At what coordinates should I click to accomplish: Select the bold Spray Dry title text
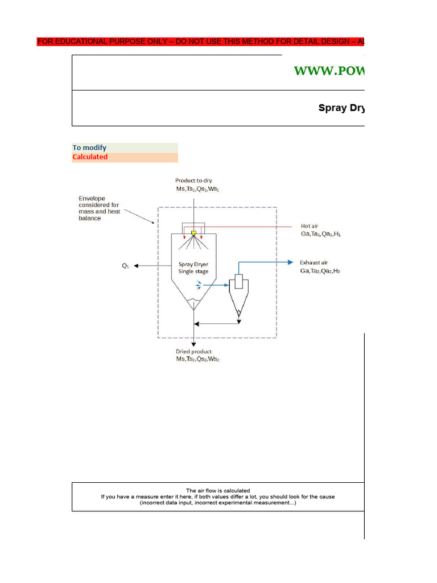click(341, 108)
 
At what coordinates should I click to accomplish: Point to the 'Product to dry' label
click(193, 180)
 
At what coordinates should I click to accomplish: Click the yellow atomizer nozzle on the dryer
click(194, 233)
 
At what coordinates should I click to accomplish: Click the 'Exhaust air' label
click(314, 262)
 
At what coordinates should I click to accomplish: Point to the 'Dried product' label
click(193, 352)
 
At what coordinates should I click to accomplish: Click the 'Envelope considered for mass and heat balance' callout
click(99, 208)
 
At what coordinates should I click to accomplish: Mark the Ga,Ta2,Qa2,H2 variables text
click(320, 271)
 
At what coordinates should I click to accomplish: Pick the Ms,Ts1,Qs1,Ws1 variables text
click(197, 189)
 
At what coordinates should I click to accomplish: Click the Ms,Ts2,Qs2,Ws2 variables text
click(197, 360)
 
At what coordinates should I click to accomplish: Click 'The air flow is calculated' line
click(218, 490)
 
